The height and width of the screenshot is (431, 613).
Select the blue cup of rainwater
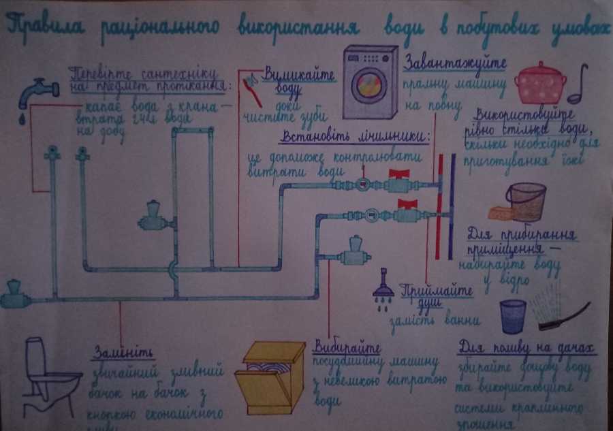click(x=513, y=317)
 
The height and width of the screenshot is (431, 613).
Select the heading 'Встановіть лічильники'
click(x=354, y=136)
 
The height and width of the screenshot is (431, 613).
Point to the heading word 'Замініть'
click(x=123, y=355)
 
